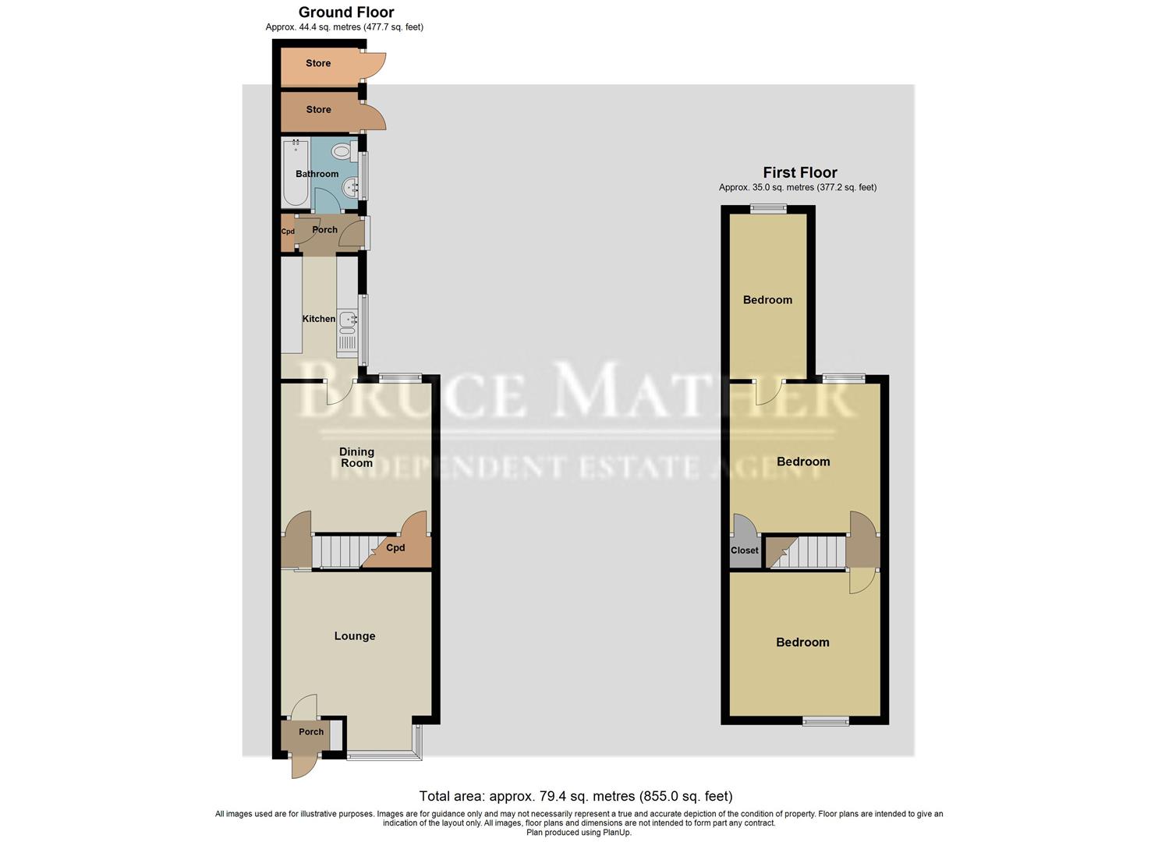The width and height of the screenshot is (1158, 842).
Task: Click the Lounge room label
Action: [355, 636]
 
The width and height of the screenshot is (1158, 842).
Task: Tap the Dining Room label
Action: [356, 457]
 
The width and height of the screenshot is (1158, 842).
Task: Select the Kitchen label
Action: [318, 319]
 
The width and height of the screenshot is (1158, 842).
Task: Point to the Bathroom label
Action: [317, 174]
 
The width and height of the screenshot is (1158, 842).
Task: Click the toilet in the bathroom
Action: [342, 150]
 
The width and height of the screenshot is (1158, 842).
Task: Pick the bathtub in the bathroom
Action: [296, 172]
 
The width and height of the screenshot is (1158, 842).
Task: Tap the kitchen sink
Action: [347, 319]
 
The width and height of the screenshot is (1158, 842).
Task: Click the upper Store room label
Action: [318, 63]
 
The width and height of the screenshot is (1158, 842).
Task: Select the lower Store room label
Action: [318, 110]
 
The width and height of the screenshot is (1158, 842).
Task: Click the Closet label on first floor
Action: [744, 550]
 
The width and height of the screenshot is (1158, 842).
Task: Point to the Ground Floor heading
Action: [346, 12]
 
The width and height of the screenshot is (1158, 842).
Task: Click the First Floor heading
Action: [799, 172]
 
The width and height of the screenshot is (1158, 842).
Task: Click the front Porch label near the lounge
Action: [310, 732]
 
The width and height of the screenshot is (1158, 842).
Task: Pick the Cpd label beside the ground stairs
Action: [395, 548]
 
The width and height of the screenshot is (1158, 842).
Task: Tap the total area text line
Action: [575, 796]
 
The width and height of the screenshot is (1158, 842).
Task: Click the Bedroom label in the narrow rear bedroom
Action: [767, 300]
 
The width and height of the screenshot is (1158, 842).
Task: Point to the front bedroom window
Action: [827, 721]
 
